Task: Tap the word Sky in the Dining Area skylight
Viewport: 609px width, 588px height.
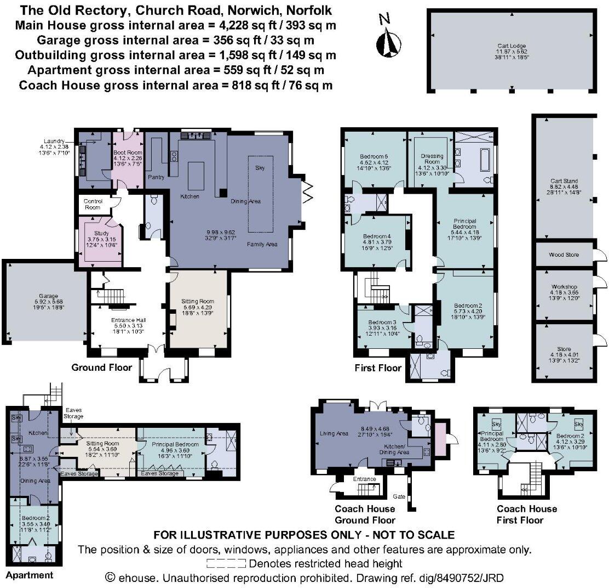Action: [x=260, y=168]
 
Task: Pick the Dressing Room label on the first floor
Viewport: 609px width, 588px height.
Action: [x=428, y=159]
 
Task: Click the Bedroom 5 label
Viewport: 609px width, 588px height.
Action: [x=374, y=155]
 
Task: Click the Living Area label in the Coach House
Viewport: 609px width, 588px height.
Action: [x=334, y=434]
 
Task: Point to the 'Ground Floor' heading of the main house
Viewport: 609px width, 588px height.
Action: [x=102, y=367]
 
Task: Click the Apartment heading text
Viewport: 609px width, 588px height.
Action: [x=30, y=575]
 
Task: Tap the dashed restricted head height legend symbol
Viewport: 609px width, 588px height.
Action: [x=227, y=563]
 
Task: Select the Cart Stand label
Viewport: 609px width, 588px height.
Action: [x=564, y=180]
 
